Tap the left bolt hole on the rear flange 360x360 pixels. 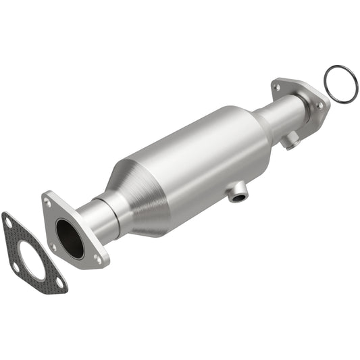(x=278, y=86)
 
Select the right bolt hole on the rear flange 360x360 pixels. (x=319, y=106)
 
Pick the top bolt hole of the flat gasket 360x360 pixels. (x=7, y=220)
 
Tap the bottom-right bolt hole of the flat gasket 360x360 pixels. (x=59, y=282)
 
